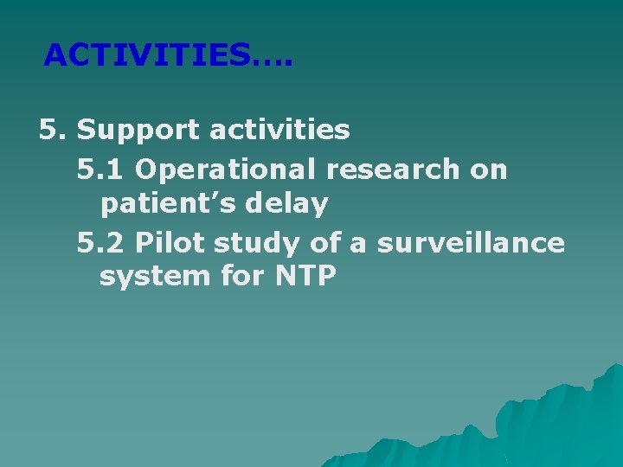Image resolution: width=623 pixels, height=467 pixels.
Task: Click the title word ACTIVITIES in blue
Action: pos(146,55)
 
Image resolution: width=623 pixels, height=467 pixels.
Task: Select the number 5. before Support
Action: pos(54,131)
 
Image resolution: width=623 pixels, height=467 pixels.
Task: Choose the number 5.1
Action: pos(101,169)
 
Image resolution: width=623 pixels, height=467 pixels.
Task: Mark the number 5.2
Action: pos(102,243)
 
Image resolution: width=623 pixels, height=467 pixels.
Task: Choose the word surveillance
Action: pos(469,243)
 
